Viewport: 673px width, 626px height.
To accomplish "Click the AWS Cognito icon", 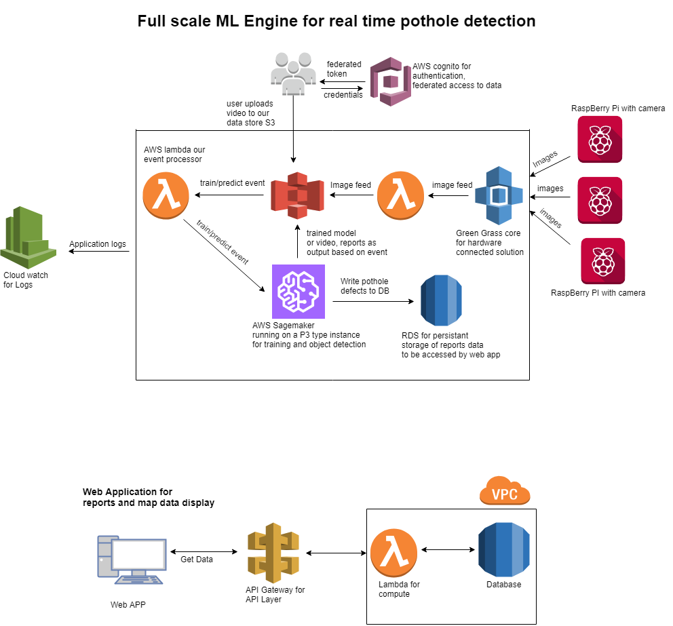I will (x=390, y=81).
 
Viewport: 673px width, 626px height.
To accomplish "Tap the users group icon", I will (x=293, y=73).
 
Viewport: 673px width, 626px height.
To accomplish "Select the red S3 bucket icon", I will (x=297, y=195).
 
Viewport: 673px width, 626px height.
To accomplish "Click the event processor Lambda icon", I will (x=166, y=195).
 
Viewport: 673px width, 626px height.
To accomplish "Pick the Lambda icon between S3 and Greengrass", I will (x=400, y=195).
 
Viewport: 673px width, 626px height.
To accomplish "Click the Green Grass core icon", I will (x=499, y=195).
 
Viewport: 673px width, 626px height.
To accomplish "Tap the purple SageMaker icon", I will (x=299, y=291).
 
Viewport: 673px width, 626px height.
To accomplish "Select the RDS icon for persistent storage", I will (x=441, y=300).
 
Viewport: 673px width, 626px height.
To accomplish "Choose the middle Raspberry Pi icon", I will (x=600, y=200).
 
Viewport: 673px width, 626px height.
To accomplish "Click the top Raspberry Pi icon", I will (x=600, y=140).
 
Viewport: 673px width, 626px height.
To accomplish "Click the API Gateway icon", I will (x=273, y=553).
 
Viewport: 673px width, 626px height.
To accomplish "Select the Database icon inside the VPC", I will (x=504, y=550).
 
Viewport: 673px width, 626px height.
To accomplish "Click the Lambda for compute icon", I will (x=394, y=551).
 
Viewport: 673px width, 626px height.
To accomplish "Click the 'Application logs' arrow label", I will (x=98, y=244).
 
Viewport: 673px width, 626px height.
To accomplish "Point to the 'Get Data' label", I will (x=197, y=560).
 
